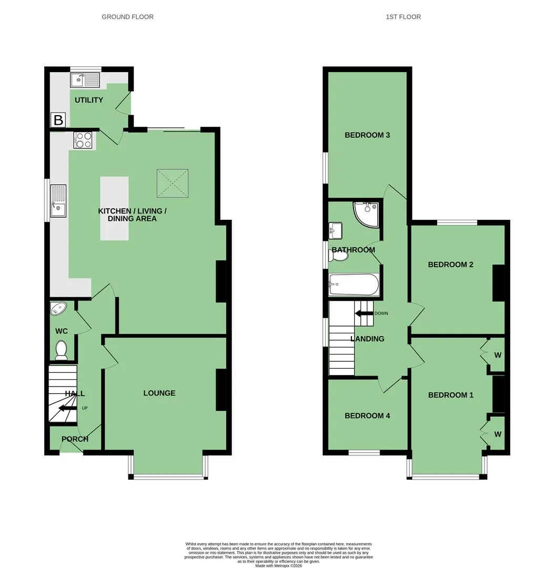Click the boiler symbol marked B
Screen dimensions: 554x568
pos(58,119)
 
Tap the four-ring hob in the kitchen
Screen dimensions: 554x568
pos(83,140)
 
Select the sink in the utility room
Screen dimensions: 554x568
pos(85,80)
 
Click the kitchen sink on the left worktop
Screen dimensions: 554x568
pos(58,201)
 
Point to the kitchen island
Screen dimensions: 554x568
pos(114,208)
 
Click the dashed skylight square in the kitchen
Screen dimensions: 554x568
pos(173,184)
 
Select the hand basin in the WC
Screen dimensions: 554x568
pos(58,309)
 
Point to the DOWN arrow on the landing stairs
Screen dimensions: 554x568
pos(364,313)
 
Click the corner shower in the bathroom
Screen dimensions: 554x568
pos(366,215)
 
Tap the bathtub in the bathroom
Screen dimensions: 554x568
pos(354,285)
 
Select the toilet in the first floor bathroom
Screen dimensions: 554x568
pos(338,256)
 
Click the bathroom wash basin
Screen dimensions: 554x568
pos(335,231)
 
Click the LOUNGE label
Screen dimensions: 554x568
pos(159,393)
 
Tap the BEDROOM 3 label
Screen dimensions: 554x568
pos(367,135)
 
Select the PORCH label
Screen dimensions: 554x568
pos(75,439)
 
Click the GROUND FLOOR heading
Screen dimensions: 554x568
pos(127,17)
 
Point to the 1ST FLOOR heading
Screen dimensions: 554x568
pos(404,17)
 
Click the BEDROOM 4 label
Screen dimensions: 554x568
pos(367,415)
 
